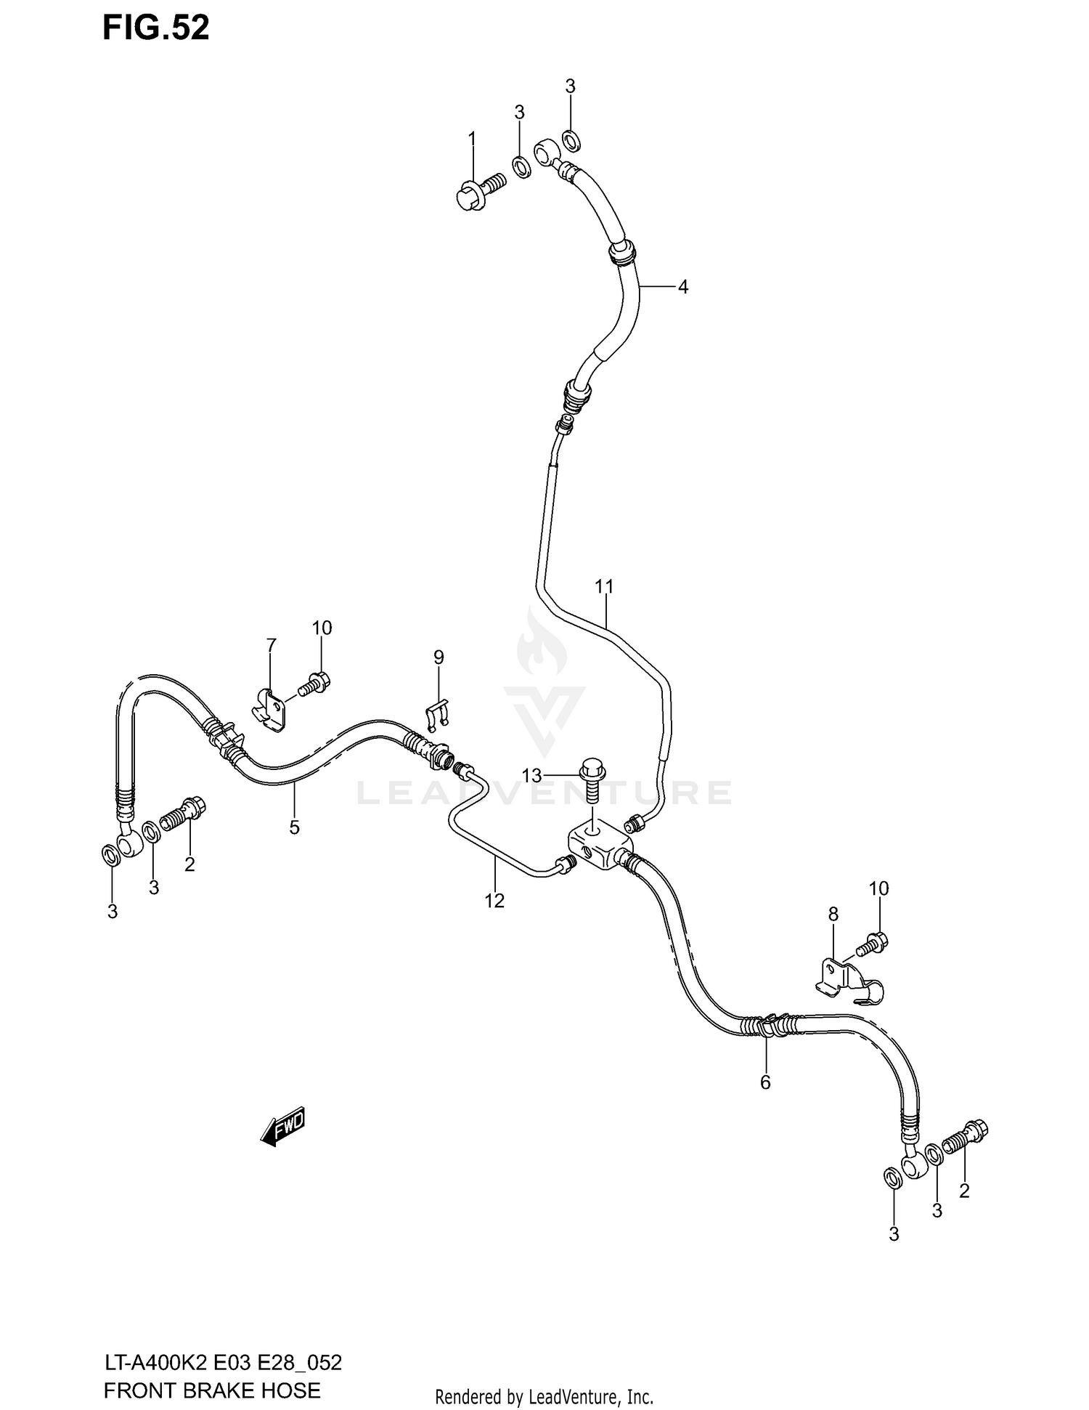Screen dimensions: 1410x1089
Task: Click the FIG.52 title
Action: tap(155, 28)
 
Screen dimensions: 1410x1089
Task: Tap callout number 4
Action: tap(682, 287)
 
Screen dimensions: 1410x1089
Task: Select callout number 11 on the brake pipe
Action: tap(604, 586)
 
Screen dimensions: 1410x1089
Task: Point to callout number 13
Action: tap(531, 776)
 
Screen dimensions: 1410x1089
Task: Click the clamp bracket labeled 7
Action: tap(270, 709)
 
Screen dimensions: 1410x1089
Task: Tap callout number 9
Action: tap(439, 657)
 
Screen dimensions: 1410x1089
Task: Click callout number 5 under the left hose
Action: tap(294, 827)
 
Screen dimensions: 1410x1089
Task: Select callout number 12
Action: tap(494, 901)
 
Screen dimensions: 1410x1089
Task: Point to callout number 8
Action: tap(833, 914)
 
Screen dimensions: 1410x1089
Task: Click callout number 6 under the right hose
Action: tap(765, 1103)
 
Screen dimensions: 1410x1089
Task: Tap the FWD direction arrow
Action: tap(283, 1129)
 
